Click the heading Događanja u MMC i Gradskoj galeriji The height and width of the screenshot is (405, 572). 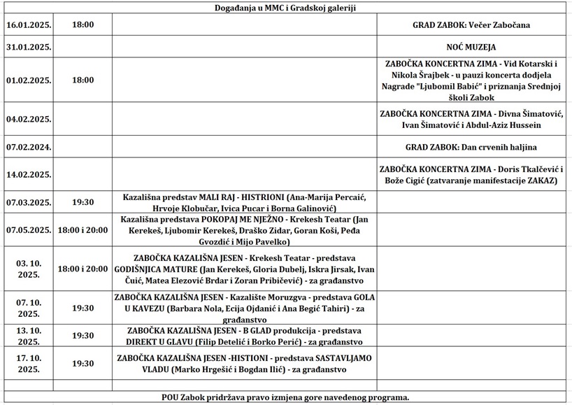(287, 8)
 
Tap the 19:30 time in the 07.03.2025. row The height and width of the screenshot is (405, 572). (83, 202)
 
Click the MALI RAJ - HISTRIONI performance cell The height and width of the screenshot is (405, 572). (243, 202)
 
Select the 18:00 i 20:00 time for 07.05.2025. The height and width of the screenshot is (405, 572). (83, 230)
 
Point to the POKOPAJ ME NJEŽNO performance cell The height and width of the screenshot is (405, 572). (243, 230)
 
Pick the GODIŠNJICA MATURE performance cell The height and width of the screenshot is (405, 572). (243, 269)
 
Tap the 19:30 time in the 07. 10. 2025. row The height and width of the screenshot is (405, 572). (83, 308)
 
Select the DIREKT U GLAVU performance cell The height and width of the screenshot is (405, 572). (243, 336)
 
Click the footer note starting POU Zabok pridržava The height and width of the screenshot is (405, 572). (287, 397)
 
